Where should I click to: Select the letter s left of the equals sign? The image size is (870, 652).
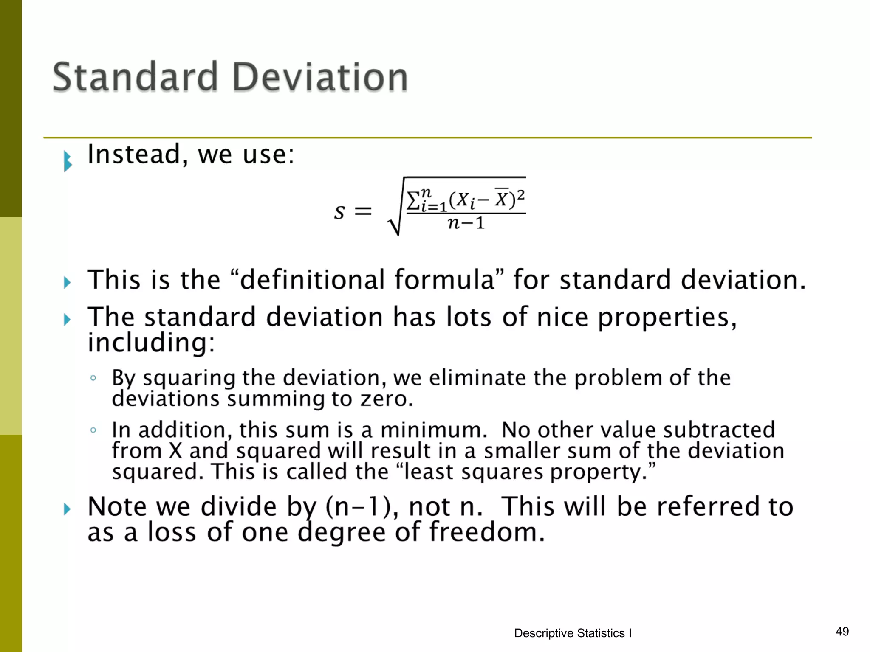339,211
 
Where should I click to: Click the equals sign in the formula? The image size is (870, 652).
363,211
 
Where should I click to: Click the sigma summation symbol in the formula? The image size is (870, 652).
413,200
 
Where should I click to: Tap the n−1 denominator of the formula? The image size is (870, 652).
466,223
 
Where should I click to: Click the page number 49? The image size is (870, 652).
842,632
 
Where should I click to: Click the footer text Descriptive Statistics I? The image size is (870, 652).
573,633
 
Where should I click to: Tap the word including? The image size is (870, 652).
151,343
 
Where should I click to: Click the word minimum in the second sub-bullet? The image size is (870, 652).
433,430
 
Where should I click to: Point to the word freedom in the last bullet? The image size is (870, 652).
487,532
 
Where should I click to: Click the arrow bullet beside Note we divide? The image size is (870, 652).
67,509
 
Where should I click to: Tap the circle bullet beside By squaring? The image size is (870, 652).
93,378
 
